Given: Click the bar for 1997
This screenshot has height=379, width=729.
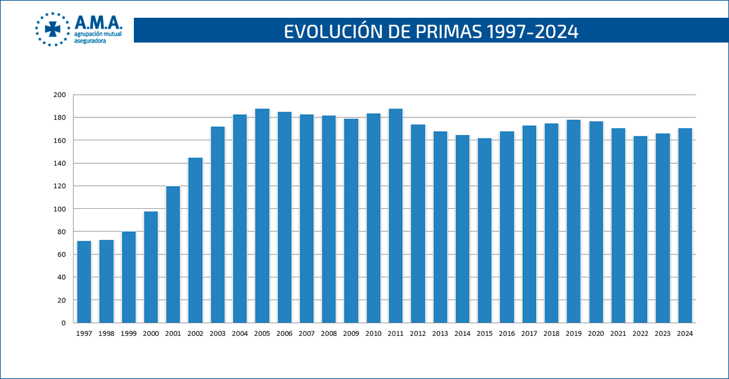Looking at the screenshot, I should coord(84,281).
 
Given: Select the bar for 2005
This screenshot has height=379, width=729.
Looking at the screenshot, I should coord(262,216).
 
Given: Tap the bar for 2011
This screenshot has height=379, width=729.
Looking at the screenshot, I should coord(395,216).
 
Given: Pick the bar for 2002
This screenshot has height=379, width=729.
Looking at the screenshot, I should coord(195,240).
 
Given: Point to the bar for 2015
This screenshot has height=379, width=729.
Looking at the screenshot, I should coord(485,230).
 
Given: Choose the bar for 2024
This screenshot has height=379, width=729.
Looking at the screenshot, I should coord(685,225).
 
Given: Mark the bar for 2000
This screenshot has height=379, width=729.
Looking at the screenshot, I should coord(151,267).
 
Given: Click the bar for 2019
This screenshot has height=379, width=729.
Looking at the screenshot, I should coord(574,221).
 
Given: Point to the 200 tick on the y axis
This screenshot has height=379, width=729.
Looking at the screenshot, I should coord(60,95).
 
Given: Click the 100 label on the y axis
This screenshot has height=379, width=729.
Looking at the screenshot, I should coord(60,209).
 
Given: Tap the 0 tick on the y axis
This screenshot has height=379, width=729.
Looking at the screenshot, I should coord(63,322).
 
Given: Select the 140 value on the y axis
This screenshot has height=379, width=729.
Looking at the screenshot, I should coord(60,163).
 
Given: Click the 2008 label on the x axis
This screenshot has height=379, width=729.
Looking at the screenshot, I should coord(329,333).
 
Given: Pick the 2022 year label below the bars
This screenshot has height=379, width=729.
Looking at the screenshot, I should coord(640,333).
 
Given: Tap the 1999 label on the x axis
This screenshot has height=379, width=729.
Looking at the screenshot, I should coord(129,333).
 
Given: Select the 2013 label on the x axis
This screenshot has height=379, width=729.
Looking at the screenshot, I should coord(440,333).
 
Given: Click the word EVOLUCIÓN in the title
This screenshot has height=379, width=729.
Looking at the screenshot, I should coord(331,31).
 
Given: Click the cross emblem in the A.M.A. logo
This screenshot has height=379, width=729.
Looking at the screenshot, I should coord(52,29).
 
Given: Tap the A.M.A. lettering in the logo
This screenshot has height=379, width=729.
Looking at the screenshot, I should coord(98,23).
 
